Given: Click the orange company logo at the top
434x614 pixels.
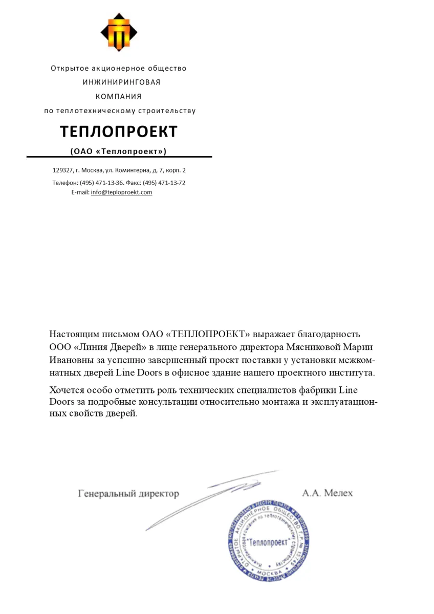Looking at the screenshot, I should [x=119, y=32].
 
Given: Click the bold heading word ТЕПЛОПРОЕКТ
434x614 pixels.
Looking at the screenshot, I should [x=119, y=131].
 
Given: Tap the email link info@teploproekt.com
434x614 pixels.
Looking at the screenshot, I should [x=121, y=192].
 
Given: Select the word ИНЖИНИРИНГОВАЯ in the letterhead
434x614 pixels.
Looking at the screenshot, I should [x=121, y=82].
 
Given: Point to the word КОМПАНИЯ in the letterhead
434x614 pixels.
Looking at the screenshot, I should [x=119, y=96].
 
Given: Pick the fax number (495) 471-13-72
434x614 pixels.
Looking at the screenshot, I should [x=164, y=183].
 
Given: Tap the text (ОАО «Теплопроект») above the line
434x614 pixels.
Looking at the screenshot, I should [x=118, y=151].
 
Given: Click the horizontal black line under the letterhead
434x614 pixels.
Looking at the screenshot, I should [x=119, y=157].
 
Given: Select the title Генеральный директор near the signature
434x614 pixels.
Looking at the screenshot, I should [x=128, y=494].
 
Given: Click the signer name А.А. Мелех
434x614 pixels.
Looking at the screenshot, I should [x=327, y=493].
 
